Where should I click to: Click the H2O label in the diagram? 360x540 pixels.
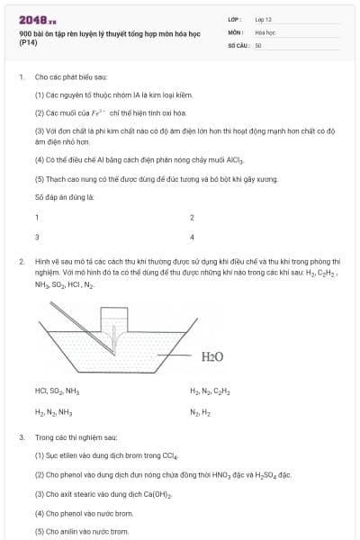click(x=212, y=356)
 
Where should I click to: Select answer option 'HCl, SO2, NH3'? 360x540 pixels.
click(x=58, y=391)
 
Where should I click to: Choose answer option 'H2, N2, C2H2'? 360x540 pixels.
click(x=210, y=391)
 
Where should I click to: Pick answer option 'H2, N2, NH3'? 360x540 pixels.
click(x=53, y=411)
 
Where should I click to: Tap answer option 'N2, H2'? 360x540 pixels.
click(x=200, y=411)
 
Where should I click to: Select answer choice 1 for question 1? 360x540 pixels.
click(x=37, y=217)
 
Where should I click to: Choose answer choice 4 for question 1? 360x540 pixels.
click(x=192, y=237)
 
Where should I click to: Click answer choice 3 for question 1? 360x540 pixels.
click(x=37, y=237)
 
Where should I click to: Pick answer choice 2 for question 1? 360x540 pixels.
click(x=192, y=217)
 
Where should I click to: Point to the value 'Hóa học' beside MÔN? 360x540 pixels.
click(x=265, y=31)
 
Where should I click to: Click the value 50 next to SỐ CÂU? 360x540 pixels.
click(x=258, y=44)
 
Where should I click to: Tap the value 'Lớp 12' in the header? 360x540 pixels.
click(x=263, y=18)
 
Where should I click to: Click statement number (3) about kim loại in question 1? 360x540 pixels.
click(x=40, y=130)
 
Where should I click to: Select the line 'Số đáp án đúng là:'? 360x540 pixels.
click(x=65, y=195)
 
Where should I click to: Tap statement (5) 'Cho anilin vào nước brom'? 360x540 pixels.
click(x=82, y=531)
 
